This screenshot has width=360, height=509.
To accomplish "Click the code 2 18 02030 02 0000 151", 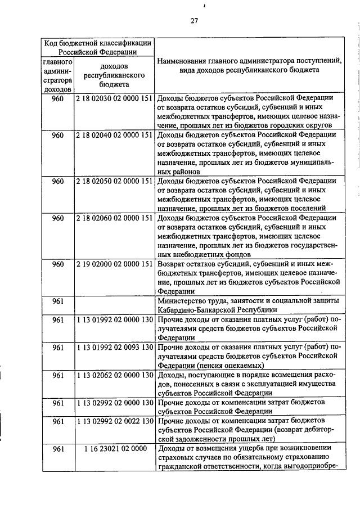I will (x=114, y=97).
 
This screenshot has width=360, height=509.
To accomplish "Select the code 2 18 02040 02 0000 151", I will (x=114, y=135).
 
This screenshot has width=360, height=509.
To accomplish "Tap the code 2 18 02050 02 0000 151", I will (x=114, y=181).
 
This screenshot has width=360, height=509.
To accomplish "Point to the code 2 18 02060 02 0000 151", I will (x=114, y=218).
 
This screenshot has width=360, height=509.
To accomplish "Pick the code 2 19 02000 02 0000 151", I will (x=114, y=264).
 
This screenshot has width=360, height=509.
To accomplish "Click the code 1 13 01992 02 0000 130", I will (x=114, y=320).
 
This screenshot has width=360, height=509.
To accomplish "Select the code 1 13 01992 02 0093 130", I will (x=114, y=348).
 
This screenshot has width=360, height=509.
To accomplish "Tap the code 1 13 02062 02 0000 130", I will (x=114, y=375).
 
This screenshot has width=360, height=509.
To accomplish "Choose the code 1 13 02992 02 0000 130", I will (x=114, y=402).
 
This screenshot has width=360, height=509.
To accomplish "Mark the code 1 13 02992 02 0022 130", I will (x=114, y=421).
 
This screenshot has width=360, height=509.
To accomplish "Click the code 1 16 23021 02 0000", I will (x=114, y=448).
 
